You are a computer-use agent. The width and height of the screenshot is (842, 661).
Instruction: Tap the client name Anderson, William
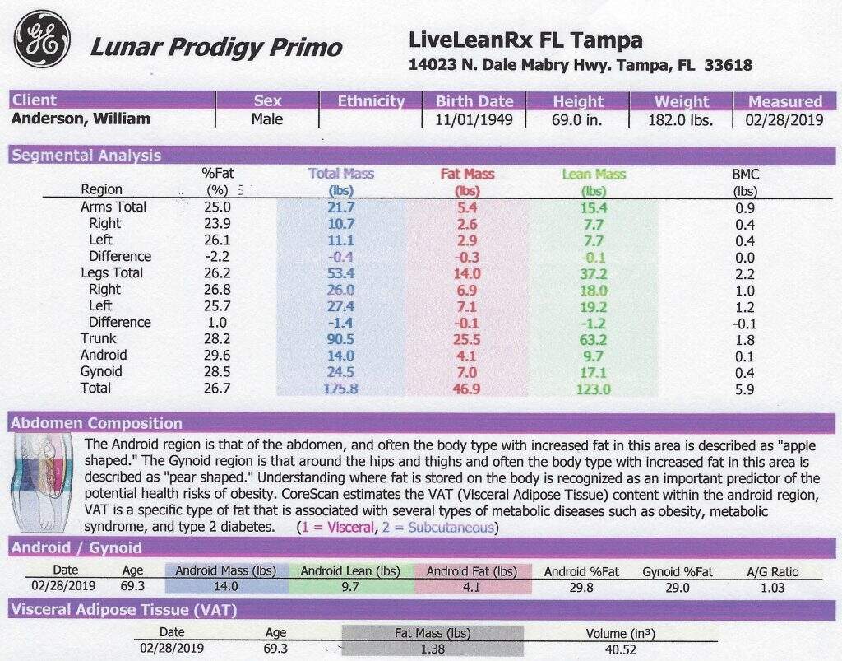(81, 119)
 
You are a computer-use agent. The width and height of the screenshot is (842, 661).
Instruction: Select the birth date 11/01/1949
(474, 119)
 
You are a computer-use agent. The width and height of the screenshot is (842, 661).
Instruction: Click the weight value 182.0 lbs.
(680, 120)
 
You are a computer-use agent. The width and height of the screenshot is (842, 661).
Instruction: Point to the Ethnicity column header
(371, 101)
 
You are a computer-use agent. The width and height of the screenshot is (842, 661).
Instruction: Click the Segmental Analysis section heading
(86, 156)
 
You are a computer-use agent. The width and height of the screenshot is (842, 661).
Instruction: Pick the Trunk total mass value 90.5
(340, 340)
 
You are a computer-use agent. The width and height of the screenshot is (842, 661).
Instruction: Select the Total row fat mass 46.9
(466, 389)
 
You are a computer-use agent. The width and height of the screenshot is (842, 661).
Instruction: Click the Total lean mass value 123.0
(594, 389)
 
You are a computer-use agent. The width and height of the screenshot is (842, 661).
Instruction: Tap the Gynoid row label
(101, 371)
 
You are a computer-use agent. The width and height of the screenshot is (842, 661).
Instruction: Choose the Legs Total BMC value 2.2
(745, 275)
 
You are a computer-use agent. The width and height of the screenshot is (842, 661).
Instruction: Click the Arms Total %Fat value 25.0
(217, 207)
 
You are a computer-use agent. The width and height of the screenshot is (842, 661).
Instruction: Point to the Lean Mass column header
(594, 175)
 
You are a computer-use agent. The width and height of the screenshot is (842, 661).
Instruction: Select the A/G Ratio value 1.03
(772, 588)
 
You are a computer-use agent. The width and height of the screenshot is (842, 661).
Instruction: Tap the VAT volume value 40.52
(620, 649)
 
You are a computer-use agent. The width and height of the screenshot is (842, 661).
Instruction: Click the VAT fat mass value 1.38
(433, 649)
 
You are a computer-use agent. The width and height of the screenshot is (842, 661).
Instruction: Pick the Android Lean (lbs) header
(350, 571)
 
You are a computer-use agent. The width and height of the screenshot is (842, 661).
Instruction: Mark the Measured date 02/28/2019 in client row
(784, 119)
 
